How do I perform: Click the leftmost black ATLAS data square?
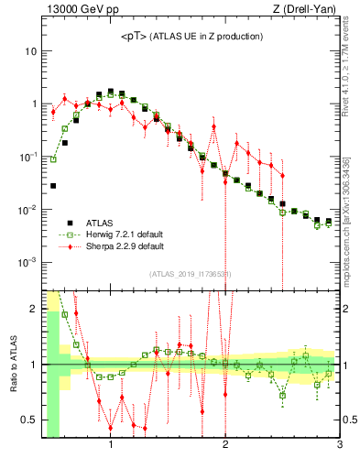[53, 186]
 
